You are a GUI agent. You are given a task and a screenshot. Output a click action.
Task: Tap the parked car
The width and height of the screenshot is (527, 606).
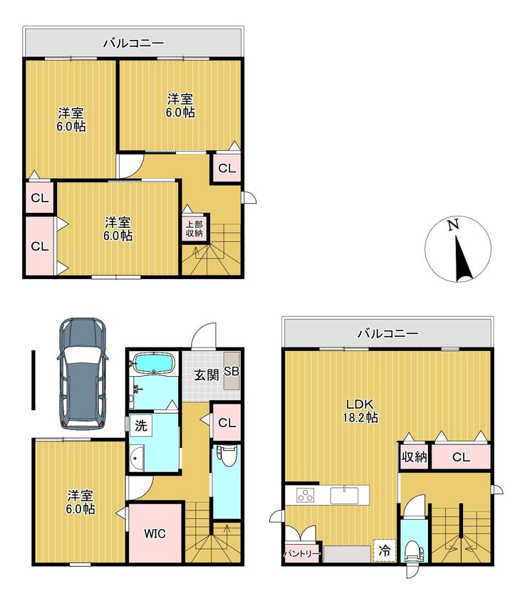(83, 374)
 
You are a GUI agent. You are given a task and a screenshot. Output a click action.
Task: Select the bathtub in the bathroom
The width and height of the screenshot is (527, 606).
(154, 365)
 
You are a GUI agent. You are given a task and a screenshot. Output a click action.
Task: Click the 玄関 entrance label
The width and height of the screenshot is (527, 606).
(207, 375)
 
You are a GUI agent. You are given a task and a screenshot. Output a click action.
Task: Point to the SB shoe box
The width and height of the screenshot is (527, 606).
(231, 371)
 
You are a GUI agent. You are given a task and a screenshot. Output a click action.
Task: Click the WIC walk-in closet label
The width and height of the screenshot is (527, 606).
(155, 534)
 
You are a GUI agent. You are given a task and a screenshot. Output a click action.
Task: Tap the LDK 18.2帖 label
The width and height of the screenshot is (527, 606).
(360, 411)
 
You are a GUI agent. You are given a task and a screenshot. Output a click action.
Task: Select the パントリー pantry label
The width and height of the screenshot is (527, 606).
(303, 554)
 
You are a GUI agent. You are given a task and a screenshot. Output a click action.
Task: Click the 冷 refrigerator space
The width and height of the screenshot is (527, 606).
(385, 550)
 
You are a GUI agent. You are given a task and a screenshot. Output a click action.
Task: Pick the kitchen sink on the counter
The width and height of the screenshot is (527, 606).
(344, 496)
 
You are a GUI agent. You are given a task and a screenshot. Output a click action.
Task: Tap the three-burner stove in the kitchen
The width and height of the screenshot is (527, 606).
(305, 495)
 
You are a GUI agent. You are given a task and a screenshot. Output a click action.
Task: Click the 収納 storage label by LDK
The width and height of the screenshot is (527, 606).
(414, 457)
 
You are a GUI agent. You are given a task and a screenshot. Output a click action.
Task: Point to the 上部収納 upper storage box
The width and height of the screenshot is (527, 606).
(194, 229)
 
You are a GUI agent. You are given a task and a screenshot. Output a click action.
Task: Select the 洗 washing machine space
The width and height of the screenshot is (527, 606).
(141, 426)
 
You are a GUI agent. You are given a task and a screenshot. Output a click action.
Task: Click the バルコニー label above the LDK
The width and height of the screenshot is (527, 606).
(387, 333)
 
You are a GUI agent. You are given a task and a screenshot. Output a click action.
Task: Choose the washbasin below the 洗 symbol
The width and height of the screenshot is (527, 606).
(137, 458)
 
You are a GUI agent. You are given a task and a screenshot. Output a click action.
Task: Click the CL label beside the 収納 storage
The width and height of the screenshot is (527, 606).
(461, 457)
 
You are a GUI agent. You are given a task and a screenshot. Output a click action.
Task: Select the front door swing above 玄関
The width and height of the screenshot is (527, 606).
(204, 335)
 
